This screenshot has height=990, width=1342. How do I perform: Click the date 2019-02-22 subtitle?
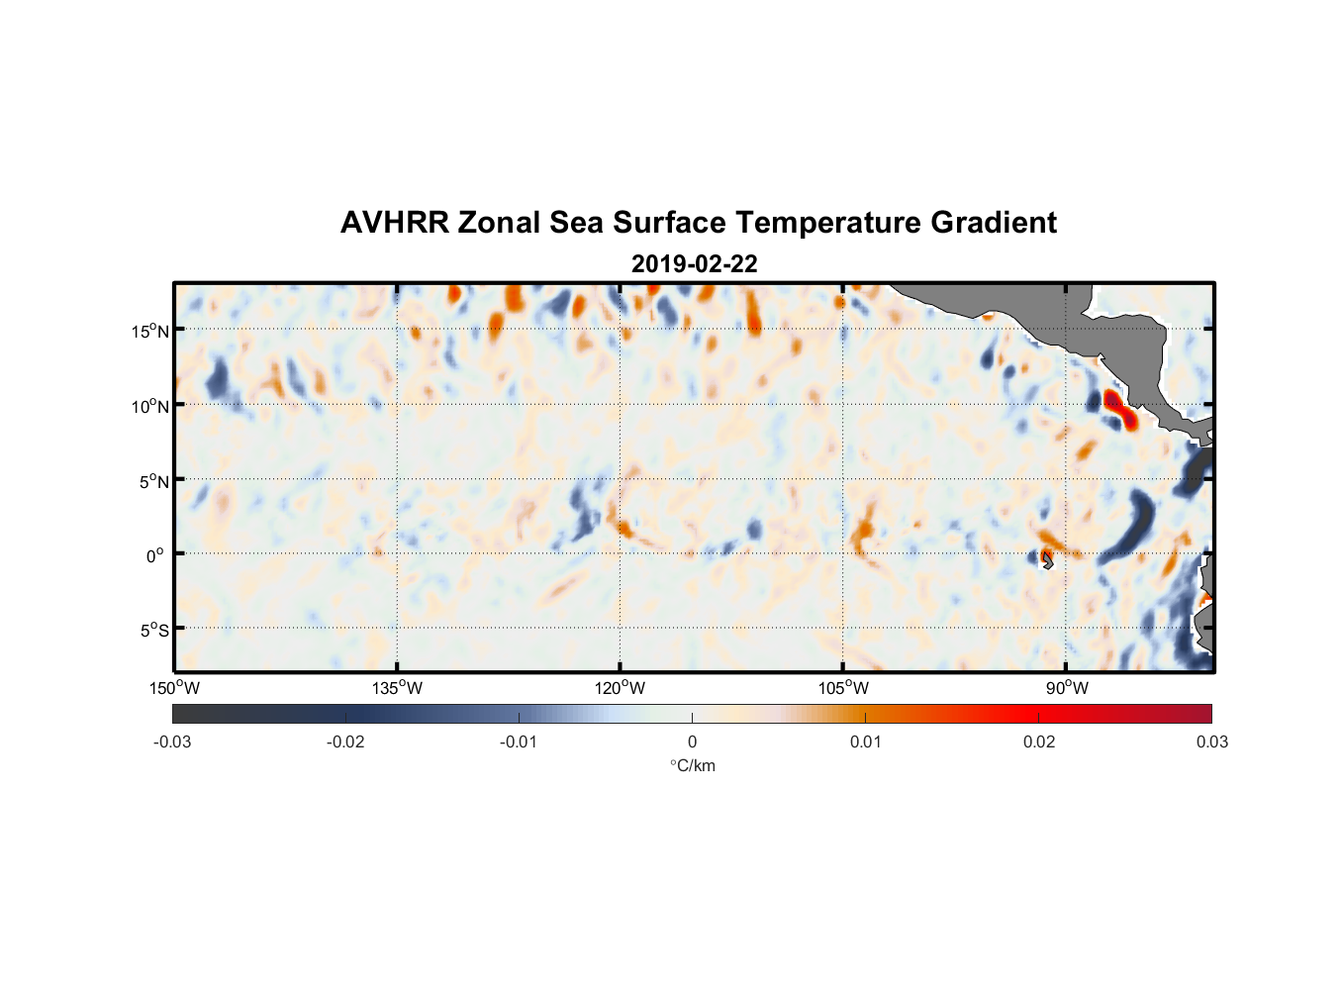pyautogui.click(x=694, y=264)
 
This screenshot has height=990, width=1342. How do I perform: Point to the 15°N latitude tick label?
pyautogui.click(x=150, y=331)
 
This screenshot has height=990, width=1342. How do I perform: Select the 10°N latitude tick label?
pyautogui.click(x=150, y=406)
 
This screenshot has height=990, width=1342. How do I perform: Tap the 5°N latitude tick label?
pyautogui.click(x=154, y=481)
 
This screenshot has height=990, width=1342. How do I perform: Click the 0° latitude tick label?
pyautogui.click(x=155, y=555)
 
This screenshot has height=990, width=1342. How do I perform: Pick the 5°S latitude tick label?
pyautogui.click(x=153, y=631)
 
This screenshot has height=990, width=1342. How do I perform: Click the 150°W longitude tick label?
pyautogui.click(x=174, y=688)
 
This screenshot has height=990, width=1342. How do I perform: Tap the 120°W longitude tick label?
pyautogui.click(x=620, y=688)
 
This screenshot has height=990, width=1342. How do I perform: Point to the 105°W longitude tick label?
pyautogui.click(x=842, y=688)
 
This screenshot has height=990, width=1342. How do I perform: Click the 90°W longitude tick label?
pyautogui.click(x=1067, y=688)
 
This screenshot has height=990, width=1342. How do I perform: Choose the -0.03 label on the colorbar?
pyautogui.click(x=172, y=742)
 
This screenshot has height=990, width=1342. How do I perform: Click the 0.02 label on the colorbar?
pyautogui.click(x=1039, y=742)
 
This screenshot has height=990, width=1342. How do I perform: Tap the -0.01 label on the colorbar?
pyautogui.click(x=519, y=742)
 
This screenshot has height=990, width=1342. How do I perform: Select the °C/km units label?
pyautogui.click(x=692, y=765)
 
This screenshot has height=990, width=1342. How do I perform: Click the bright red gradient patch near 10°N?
pyautogui.click(x=1118, y=409)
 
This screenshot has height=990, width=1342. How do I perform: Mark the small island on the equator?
pyautogui.click(x=1047, y=560)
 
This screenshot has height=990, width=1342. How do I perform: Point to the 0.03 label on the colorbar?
pyautogui.click(x=1211, y=742)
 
